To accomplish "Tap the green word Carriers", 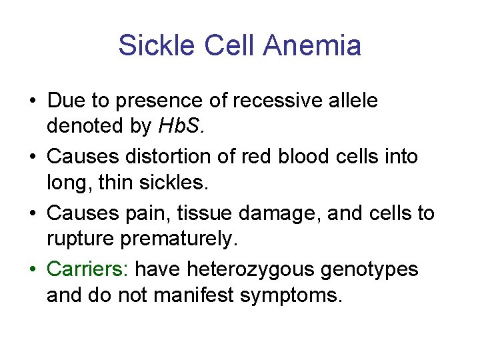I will click(88, 269).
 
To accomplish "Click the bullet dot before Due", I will click(32, 102).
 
